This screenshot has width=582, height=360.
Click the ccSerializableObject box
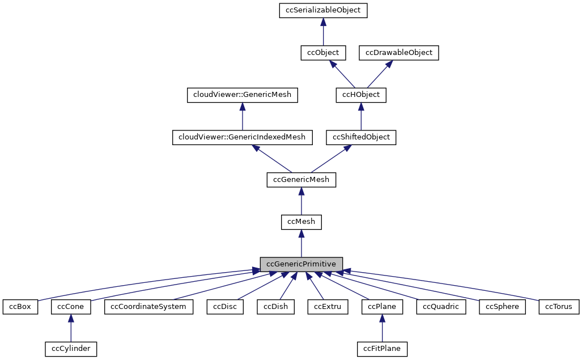tap(323, 10)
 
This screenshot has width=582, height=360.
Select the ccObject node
tap(323, 53)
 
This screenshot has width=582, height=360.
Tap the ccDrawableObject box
tap(399, 53)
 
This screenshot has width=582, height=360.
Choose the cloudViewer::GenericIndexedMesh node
tap(242, 137)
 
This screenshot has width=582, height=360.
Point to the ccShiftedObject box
tap(361, 137)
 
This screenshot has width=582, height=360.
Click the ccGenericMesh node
tap(301, 180)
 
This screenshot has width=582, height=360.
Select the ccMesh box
tap(301, 222)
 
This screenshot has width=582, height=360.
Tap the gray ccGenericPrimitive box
tap(301, 264)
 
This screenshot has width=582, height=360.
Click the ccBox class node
tap(20, 307)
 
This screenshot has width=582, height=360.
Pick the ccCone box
tap(70, 307)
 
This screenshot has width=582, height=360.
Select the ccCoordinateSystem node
tap(149, 307)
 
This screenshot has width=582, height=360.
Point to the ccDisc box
tap(225, 307)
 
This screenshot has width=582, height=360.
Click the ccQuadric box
tap(441, 307)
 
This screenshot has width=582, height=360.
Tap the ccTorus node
tap(559, 307)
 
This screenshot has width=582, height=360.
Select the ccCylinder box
tap(70, 349)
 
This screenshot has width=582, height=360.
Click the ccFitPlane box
tap(383, 349)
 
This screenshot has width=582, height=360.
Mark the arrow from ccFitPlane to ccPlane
tap(383, 329)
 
